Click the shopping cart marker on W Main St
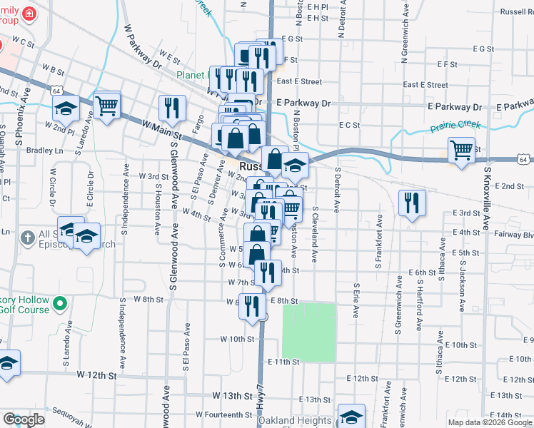(107, 106)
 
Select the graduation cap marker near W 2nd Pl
(66, 109)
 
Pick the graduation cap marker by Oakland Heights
(351, 417)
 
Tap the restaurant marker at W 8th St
(251, 305)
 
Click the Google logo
(24, 419)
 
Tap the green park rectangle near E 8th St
(309, 331)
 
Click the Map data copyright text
(490, 422)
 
